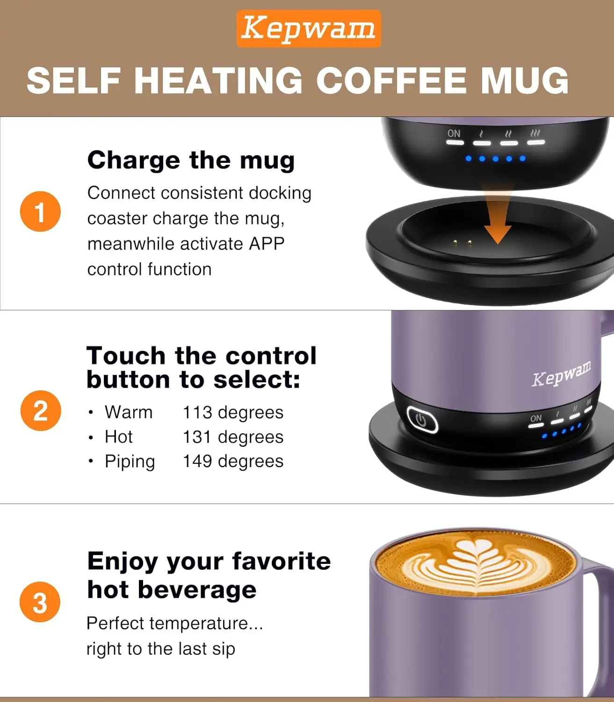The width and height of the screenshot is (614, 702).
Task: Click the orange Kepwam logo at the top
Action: (309, 29)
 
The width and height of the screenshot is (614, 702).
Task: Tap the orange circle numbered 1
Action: (41, 212)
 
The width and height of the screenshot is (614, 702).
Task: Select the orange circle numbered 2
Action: (41, 411)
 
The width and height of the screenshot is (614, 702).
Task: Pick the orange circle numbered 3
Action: (40, 602)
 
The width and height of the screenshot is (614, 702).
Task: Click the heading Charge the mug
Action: (191, 160)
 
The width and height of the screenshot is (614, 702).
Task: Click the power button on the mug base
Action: (422, 419)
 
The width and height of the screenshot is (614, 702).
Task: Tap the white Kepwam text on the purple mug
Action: (562, 374)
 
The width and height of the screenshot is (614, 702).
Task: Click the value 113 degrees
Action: (233, 412)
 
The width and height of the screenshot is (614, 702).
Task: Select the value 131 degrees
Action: (233, 437)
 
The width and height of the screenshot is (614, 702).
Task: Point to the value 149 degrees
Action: (233, 461)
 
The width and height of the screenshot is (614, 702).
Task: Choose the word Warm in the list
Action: (129, 412)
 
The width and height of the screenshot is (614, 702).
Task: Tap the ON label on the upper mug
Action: (454, 133)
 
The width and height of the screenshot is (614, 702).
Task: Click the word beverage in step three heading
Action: (197, 590)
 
